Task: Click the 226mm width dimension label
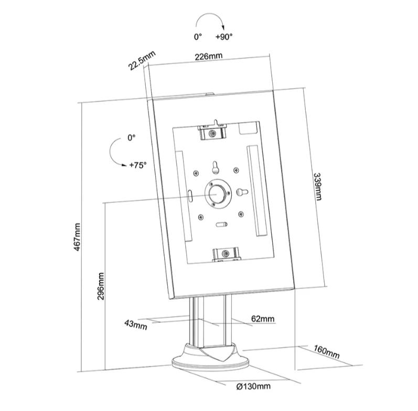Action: (208, 57)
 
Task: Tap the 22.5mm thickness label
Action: (142, 61)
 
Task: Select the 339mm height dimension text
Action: (317, 187)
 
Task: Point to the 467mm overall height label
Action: (77, 237)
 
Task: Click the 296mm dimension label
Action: (101, 286)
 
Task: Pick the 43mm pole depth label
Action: (136, 325)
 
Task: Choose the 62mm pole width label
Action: (263, 319)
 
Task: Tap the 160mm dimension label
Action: (326, 352)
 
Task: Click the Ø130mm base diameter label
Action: (253, 386)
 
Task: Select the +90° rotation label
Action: (224, 37)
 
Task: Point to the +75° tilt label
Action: (138, 165)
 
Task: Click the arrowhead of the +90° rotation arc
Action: (223, 28)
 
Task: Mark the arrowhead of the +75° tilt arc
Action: (124, 165)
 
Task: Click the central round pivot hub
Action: (218, 194)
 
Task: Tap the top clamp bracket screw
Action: (212, 133)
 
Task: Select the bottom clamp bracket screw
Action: (226, 253)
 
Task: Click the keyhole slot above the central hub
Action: (215, 167)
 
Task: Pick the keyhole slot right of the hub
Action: (242, 192)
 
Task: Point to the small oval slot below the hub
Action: (221, 224)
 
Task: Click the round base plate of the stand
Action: (211, 363)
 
